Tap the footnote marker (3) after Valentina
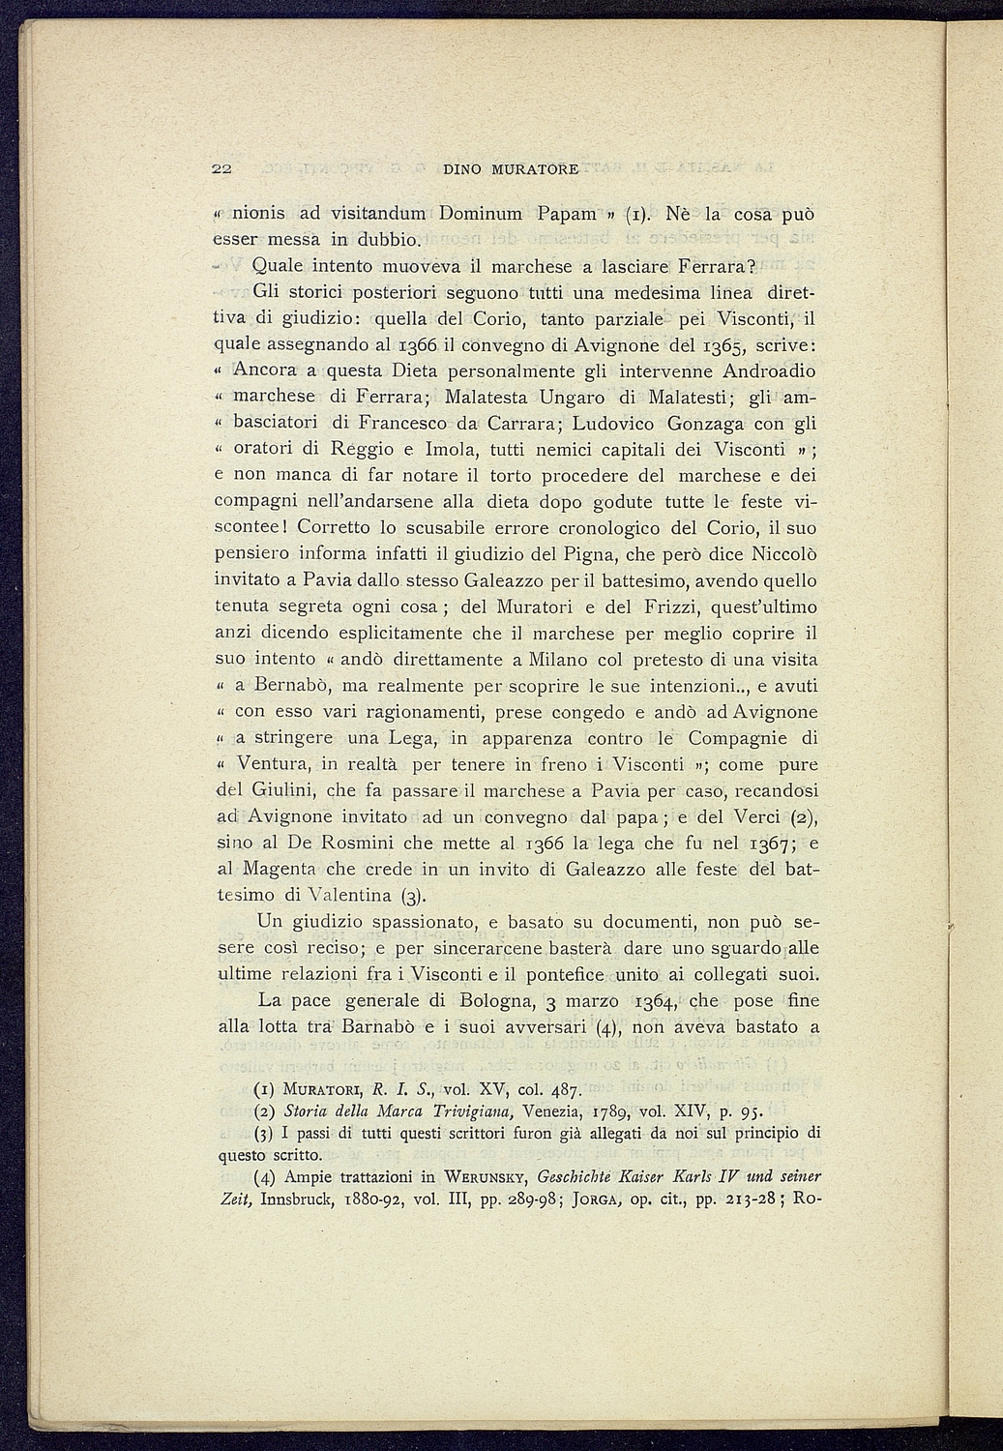[x=412, y=894]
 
